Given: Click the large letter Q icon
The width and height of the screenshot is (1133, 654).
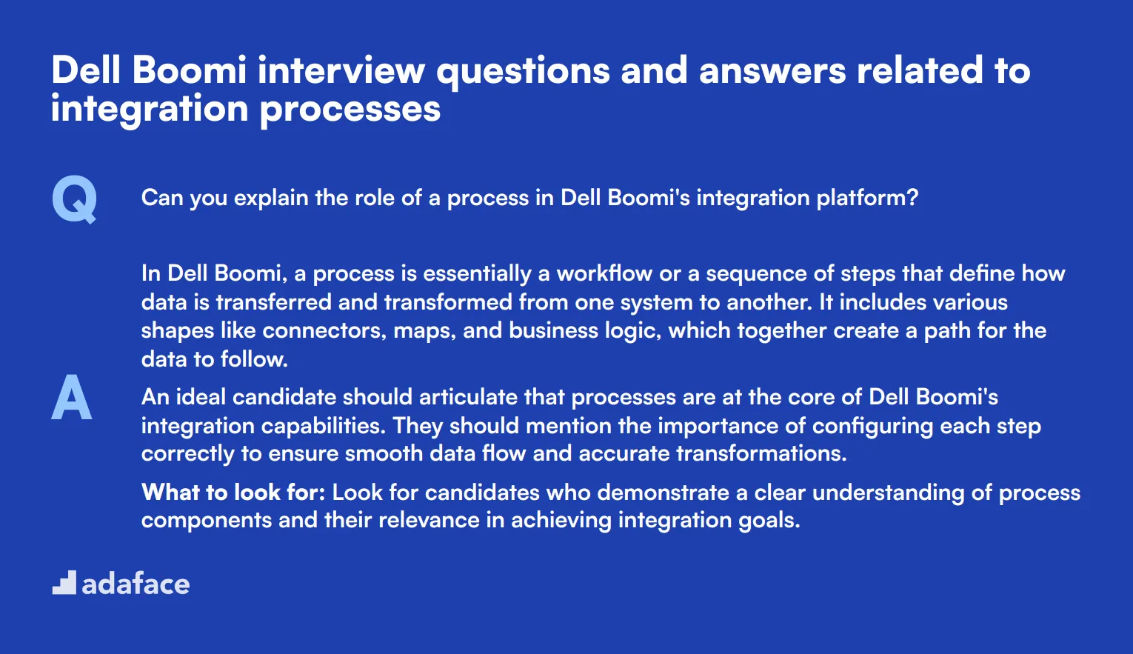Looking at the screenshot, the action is (x=74, y=199).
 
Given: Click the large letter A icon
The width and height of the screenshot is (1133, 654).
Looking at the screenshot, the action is (x=72, y=397).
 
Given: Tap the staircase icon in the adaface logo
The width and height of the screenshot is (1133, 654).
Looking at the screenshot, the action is (x=64, y=583).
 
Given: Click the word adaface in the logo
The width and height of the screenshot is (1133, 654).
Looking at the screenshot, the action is (x=136, y=584).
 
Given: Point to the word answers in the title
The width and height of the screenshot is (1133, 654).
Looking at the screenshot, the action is (x=772, y=71).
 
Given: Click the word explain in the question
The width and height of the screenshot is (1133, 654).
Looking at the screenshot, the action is (x=271, y=198).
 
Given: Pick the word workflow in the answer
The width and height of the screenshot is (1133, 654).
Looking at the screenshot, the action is (x=604, y=273).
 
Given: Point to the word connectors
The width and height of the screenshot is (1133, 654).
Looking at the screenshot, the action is (x=324, y=331).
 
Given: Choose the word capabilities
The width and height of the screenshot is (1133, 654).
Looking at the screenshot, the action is (x=324, y=427).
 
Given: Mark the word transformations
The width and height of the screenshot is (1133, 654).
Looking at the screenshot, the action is (x=762, y=454).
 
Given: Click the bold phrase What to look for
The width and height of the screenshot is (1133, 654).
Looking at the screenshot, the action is (x=233, y=492).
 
